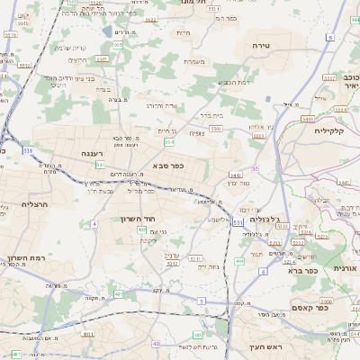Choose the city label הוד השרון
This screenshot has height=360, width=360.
click(x=138, y=219)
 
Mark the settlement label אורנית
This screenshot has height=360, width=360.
click(x=344, y=268)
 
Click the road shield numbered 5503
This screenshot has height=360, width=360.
click(x=215, y=130)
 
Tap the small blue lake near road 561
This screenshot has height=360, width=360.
click(x=108, y=31)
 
